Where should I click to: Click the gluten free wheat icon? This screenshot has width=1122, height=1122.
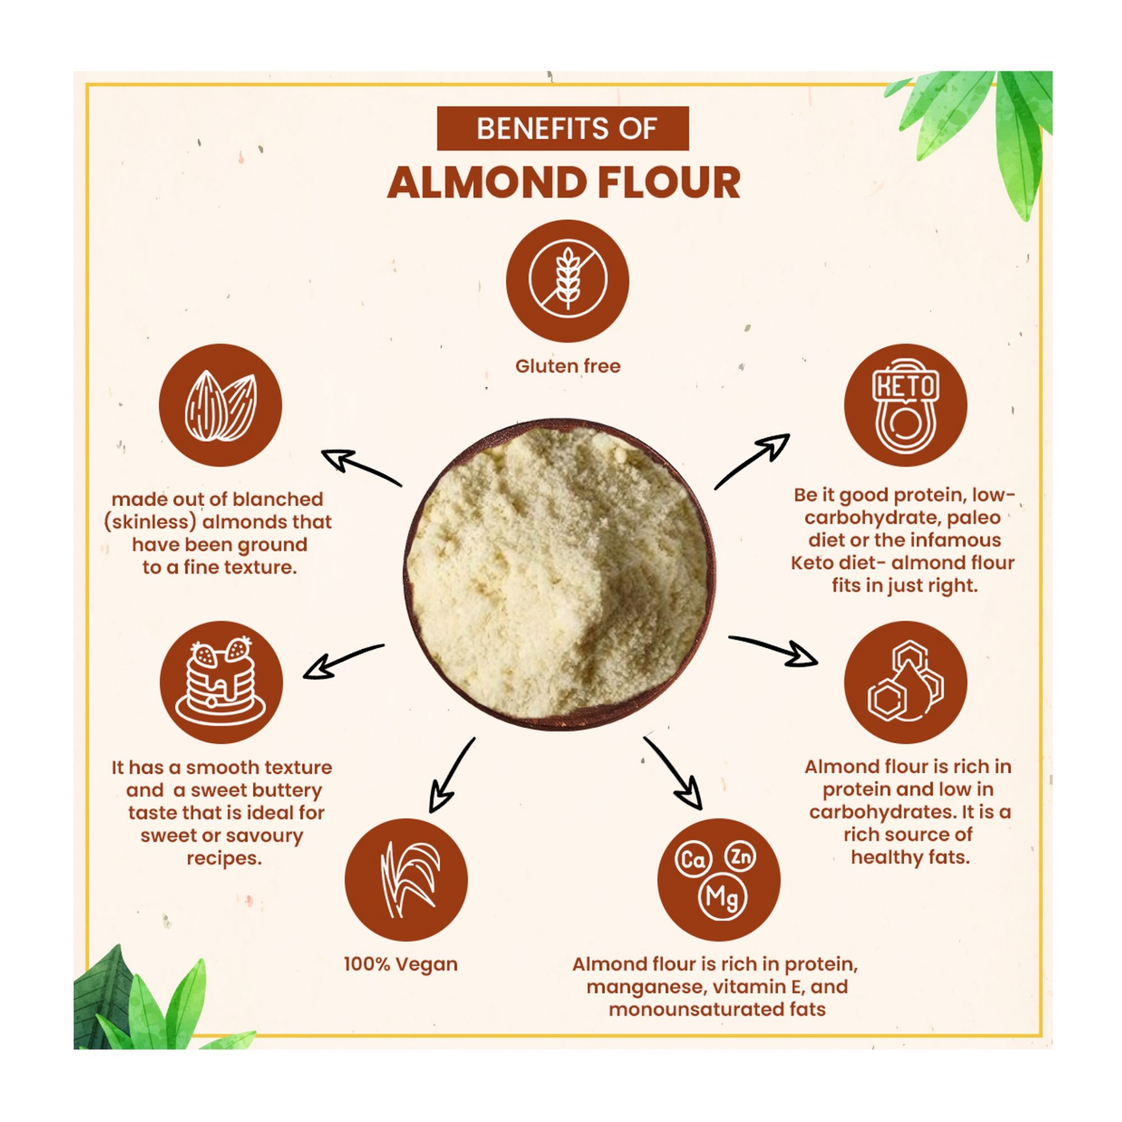coord(567,281)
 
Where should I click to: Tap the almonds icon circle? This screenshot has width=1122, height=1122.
coord(220,406)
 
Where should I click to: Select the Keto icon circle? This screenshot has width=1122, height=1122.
coord(905,406)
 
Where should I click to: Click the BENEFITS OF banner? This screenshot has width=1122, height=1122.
coord(562,128)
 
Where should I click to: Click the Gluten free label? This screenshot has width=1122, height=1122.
coord(567,366)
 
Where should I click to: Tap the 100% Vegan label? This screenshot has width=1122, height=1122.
coord(401,964)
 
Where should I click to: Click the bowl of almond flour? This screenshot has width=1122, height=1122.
coord(560,577)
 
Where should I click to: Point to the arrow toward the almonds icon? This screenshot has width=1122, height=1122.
coord(361,468)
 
